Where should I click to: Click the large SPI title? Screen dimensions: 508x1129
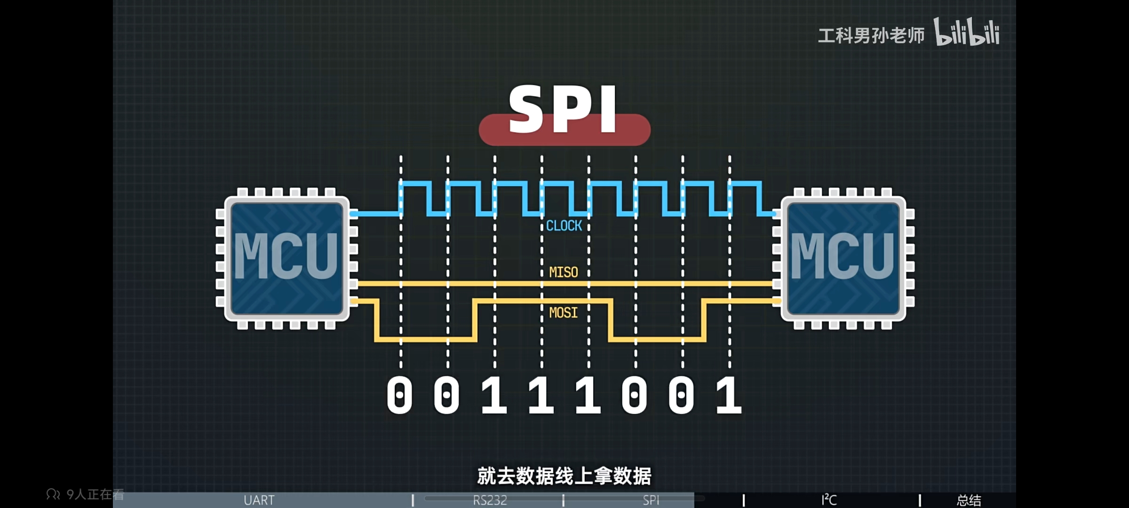pos(564,111)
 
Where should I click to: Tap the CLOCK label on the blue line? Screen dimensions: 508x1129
pos(564,226)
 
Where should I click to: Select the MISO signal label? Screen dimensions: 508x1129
pos(564,272)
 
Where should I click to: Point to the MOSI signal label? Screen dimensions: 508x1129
pos(564,313)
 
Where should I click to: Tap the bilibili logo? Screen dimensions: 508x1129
pos(966,33)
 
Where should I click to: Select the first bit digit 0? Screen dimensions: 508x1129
pos(399,395)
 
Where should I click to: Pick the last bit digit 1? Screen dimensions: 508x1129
pos(729,395)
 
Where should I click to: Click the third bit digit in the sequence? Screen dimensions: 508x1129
pos(494,395)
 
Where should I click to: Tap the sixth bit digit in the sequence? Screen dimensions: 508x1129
pos(635,395)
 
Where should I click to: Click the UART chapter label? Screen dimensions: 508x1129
pos(259,500)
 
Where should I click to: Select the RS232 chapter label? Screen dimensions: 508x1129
pos(490,500)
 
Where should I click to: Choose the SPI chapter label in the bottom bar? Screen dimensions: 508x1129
pos(651,500)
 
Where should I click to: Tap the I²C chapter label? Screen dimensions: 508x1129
pos(829,500)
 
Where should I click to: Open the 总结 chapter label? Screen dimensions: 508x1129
pos(969,500)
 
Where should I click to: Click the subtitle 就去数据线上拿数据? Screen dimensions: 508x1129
pos(564,476)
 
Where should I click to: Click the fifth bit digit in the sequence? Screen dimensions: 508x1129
pos(588,395)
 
